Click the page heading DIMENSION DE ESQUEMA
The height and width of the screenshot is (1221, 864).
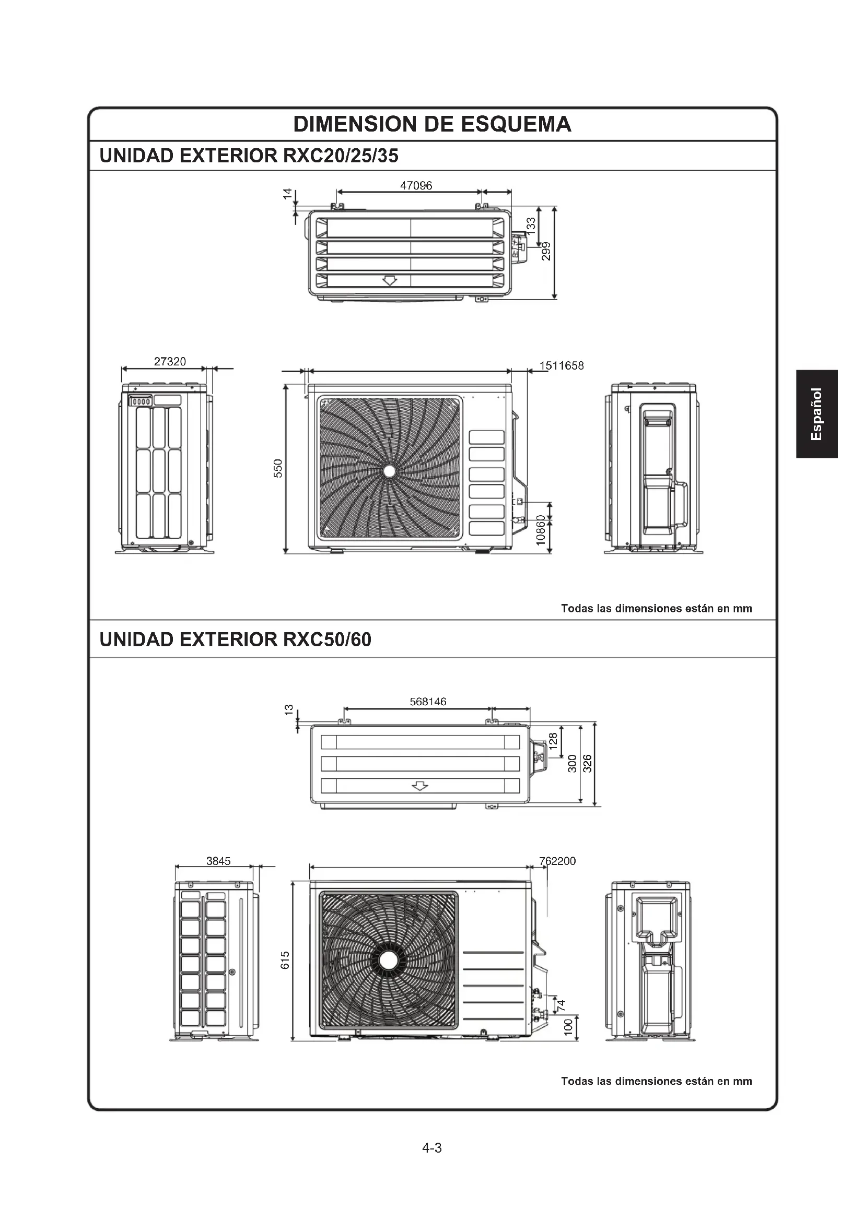(x=432, y=124)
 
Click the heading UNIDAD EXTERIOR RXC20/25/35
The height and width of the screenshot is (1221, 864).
(x=249, y=156)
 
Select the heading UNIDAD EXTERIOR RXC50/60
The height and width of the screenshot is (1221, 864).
(x=235, y=639)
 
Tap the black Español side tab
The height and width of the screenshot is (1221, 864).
(x=816, y=414)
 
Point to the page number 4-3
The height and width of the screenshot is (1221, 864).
(x=432, y=1147)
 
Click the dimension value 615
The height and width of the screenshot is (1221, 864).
(x=285, y=960)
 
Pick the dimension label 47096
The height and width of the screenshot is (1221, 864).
(x=416, y=186)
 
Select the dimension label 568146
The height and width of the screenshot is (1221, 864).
(x=428, y=702)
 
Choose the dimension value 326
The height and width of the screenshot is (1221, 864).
(x=587, y=764)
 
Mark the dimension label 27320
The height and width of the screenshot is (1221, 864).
(x=170, y=362)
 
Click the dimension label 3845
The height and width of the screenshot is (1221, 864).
(x=218, y=861)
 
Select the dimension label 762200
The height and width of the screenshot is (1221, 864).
(x=557, y=861)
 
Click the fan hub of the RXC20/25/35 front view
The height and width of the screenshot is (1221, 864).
(x=389, y=471)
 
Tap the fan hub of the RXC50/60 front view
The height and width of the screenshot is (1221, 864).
(x=388, y=960)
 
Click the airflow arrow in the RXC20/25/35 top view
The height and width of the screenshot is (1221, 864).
(x=390, y=280)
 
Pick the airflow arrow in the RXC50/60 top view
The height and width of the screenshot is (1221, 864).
(x=421, y=786)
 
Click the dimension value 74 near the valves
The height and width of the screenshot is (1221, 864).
(x=561, y=1005)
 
